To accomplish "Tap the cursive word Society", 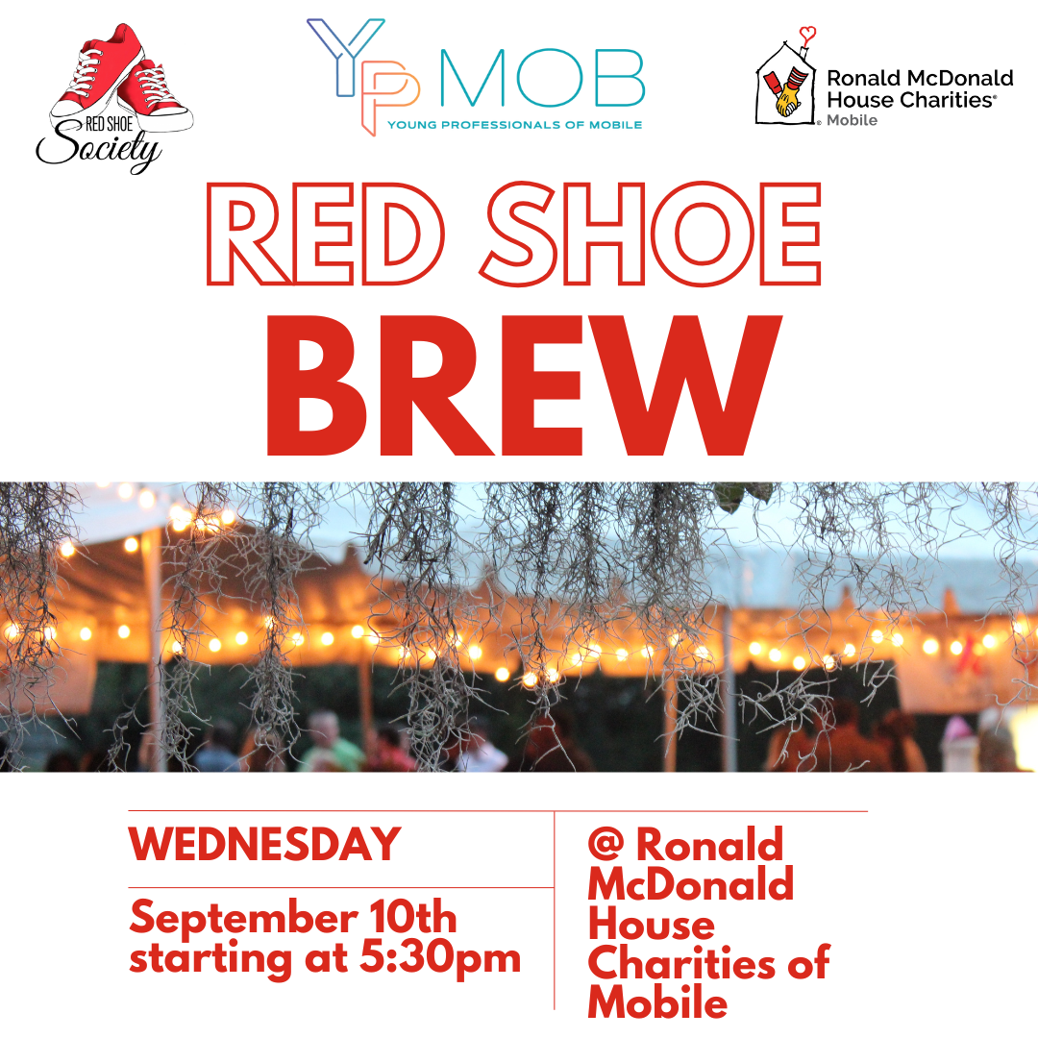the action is (99, 148).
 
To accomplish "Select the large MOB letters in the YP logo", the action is (542, 78).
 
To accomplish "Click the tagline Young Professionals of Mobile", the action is (514, 124).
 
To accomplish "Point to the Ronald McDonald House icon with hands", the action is (786, 84).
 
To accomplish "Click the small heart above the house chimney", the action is (807, 33).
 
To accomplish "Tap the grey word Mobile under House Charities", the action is (852, 120).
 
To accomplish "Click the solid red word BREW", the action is (525, 386).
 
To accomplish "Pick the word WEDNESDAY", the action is (265, 844).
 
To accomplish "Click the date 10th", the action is (413, 918).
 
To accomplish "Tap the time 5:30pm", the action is (440, 958).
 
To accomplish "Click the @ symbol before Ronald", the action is (605, 844).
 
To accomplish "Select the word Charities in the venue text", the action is (681, 962).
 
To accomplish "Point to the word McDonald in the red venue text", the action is (690, 883).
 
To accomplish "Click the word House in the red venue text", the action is (652, 923).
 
